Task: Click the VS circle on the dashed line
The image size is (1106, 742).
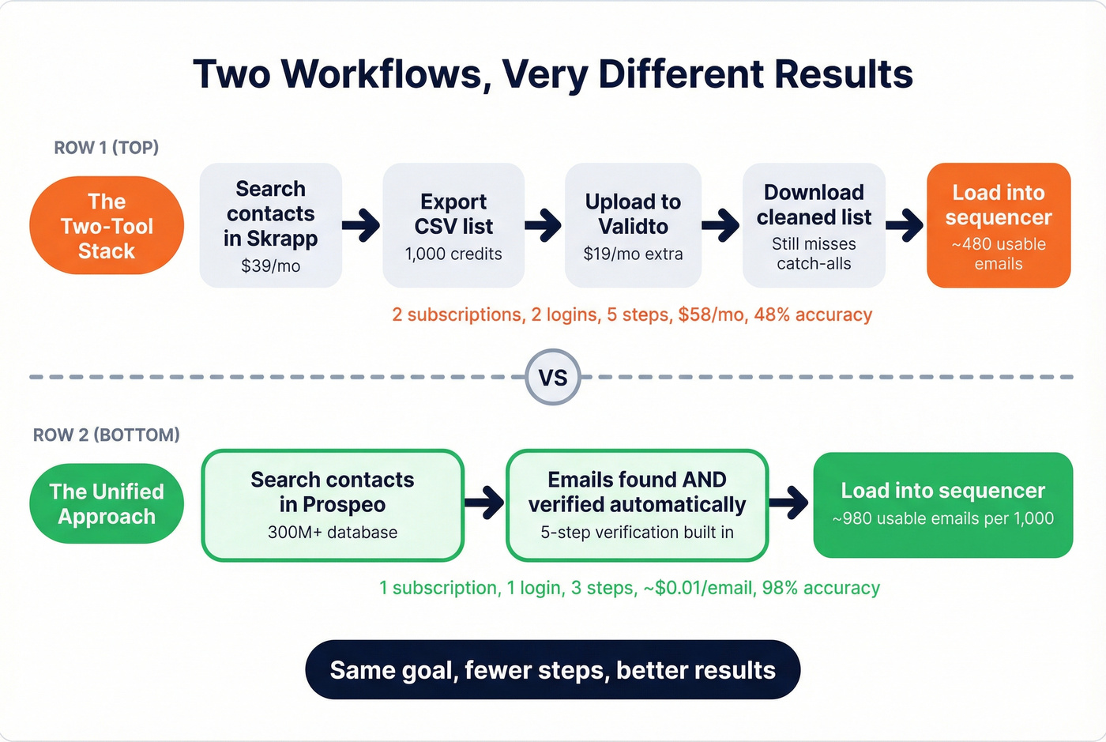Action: tap(553, 377)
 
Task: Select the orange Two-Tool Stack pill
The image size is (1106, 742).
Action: tap(107, 226)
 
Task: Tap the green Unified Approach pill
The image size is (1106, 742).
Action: tap(107, 503)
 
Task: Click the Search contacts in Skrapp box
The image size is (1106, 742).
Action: tap(270, 225)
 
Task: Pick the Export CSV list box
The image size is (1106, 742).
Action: tap(453, 225)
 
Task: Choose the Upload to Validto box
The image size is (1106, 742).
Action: tap(633, 225)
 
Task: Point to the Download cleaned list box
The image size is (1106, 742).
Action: tap(814, 225)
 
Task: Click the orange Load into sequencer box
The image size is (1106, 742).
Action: tap(998, 225)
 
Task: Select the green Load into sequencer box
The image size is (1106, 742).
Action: tap(942, 504)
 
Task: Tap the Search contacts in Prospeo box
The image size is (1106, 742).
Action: tap(333, 505)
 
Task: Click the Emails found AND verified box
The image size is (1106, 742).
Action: tap(637, 505)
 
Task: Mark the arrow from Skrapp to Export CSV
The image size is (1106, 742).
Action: tap(362, 225)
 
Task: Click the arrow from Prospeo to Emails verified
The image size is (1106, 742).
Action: tap(484, 502)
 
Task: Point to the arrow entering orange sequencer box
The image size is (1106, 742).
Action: tap(905, 225)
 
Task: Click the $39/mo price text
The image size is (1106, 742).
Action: tap(270, 266)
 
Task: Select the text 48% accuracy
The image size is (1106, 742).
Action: tap(813, 315)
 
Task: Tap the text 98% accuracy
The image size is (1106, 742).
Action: tap(821, 588)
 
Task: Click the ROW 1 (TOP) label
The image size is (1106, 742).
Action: tap(106, 148)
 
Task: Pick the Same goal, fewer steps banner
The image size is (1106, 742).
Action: tap(553, 670)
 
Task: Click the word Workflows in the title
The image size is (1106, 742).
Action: tap(381, 74)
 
